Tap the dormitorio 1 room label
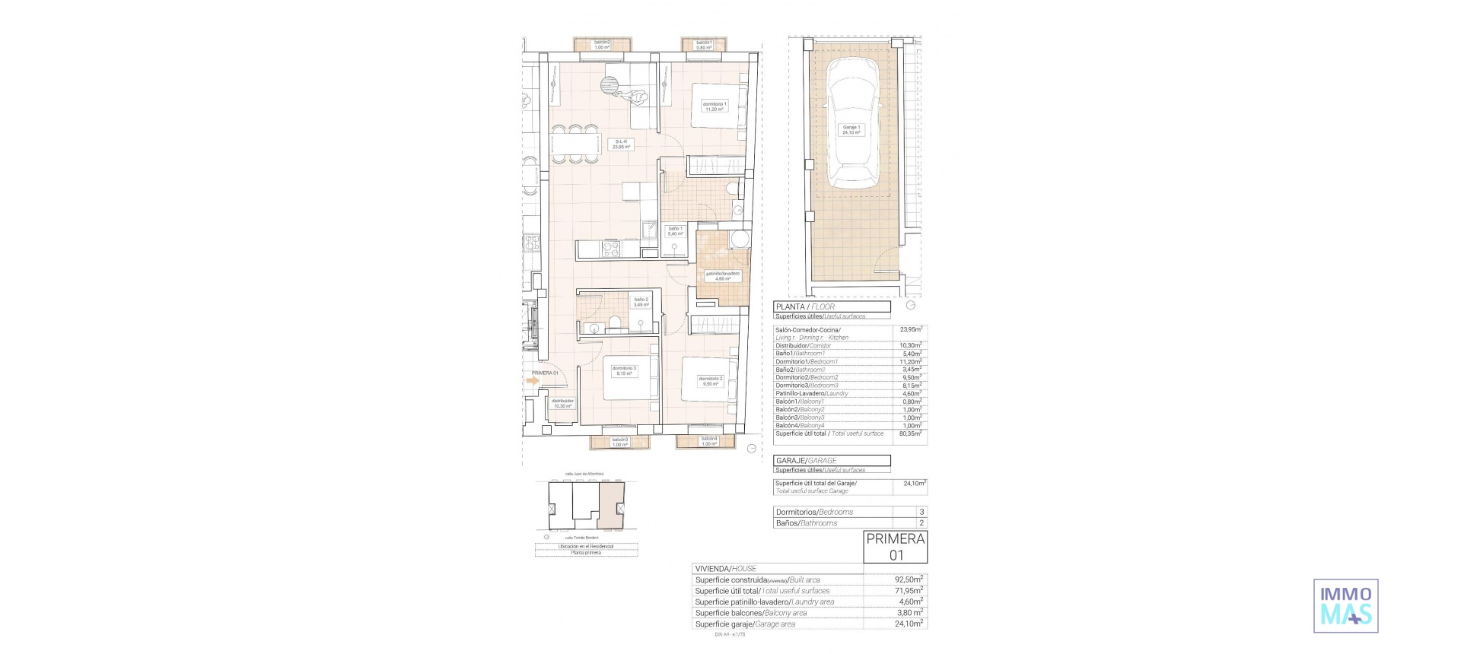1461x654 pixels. click(714, 106)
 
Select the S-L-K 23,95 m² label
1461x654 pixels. click(622, 144)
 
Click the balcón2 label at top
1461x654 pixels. click(602, 45)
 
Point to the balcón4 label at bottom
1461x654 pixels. click(708, 441)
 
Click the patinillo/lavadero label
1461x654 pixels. click(722, 275)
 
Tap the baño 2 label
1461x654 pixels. click(641, 302)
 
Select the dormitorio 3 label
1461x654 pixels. click(624, 370)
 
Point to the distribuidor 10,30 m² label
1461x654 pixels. click(562, 403)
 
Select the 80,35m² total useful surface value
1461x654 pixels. click(910, 433)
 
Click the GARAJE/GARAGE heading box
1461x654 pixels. click(832, 460)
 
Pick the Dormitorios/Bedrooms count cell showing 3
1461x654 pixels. click(921, 512)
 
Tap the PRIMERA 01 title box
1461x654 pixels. click(896, 547)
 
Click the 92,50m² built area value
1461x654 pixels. click(909, 579)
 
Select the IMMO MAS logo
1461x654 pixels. click(1345, 605)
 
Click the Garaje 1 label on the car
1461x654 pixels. click(851, 129)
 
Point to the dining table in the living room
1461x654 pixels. click(575, 143)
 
